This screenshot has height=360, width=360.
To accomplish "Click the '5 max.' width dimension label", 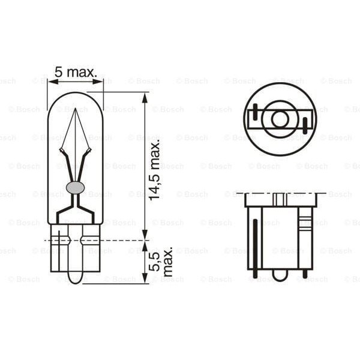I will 76,73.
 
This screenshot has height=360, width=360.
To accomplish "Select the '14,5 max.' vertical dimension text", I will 155,170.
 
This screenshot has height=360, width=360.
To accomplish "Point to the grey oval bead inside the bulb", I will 75,187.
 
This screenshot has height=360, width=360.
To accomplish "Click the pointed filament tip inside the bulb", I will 75,112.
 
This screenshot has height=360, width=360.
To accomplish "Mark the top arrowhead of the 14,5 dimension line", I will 144,97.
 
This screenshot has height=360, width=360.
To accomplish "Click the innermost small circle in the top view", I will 279,119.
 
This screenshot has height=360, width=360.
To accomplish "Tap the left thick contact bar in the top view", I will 254,112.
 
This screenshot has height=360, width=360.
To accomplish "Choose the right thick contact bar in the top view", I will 305,125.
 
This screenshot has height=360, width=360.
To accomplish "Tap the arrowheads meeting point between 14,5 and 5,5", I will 144,240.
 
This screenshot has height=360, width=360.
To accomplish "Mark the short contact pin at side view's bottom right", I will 305,274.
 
